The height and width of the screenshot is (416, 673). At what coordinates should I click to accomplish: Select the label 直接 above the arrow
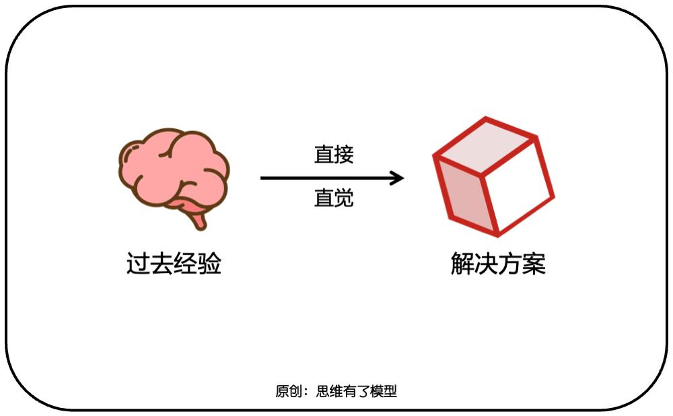pyautogui.click(x=334, y=155)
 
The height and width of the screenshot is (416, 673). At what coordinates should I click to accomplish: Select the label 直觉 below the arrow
pyautogui.click(x=334, y=199)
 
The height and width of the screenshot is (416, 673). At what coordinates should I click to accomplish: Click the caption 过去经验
pyautogui.click(x=174, y=263)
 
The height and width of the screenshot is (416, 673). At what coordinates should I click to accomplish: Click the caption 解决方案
pyautogui.click(x=498, y=263)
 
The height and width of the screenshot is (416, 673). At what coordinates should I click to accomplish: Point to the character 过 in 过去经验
pyautogui.click(x=138, y=263)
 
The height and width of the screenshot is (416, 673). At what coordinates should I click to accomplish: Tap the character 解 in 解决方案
pyautogui.click(x=462, y=263)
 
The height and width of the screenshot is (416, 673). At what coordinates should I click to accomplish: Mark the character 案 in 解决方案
pyautogui.click(x=534, y=263)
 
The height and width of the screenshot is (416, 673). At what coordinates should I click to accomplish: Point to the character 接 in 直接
pyautogui.click(x=344, y=155)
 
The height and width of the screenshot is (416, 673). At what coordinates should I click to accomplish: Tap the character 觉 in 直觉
pyautogui.click(x=344, y=199)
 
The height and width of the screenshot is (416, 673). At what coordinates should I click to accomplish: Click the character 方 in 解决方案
pyautogui.click(x=510, y=263)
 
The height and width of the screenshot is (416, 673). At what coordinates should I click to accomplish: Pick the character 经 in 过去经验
pyautogui.click(x=186, y=263)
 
